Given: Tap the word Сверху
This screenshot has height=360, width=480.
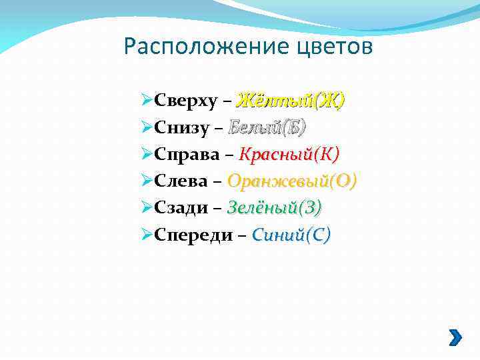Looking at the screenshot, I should coord(185,101).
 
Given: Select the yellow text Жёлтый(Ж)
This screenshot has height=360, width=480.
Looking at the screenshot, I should coord(290,101).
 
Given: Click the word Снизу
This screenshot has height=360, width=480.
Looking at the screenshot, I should coord(181,128).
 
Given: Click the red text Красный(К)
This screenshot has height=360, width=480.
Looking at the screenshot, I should coord(289,154).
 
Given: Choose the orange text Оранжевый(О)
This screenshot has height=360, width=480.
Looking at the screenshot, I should coord(292,181).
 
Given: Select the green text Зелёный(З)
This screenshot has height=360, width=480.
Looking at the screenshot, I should coord(274,207).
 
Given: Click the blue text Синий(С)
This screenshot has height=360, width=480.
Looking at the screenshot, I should coord(291,234).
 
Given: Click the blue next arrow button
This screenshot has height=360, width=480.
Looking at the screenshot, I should coord(454,337).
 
